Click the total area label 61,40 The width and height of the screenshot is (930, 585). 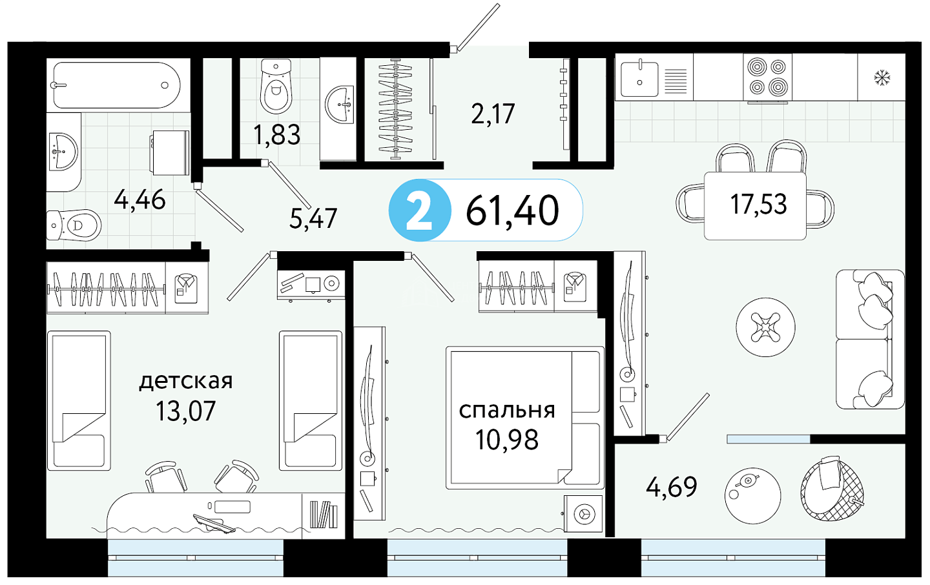point(512,210)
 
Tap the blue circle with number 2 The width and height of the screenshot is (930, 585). point(419,210)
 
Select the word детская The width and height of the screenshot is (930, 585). point(185,381)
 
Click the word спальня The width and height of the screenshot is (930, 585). point(507,410)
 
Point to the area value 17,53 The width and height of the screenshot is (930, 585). point(758,204)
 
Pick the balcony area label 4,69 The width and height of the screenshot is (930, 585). point(672,487)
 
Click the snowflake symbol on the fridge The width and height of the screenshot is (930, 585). point(882,77)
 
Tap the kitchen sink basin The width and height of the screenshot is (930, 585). point(639,79)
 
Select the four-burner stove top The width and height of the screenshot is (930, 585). point(767,77)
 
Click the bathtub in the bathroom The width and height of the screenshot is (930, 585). point(117,85)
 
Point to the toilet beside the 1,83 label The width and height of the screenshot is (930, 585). point(276,87)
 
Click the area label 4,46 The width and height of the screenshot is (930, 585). point(140,200)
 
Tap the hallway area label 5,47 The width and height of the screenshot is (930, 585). point(313,219)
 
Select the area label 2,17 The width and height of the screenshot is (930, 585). point(493,114)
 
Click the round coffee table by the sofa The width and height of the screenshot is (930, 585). point(765,327)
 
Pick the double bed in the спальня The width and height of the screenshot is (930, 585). point(525,418)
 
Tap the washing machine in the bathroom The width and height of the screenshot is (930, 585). point(170,152)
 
